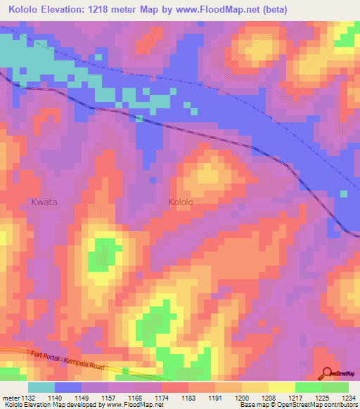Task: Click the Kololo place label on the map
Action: [181, 202]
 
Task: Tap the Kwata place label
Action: [44, 202]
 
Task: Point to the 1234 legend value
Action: [347, 398]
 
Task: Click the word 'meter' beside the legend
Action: [11, 398]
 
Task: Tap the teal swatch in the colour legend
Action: [41, 387]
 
